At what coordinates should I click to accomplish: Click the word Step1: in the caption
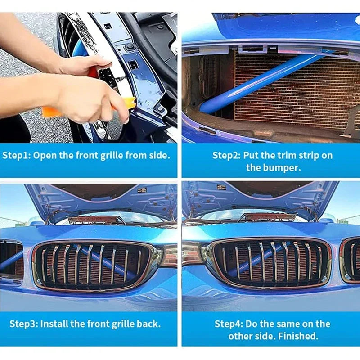(16, 156)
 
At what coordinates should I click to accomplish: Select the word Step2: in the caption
(227, 156)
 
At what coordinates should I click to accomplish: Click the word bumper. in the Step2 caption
(274, 168)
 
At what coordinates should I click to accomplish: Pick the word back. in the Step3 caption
(149, 324)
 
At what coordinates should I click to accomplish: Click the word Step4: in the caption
(229, 324)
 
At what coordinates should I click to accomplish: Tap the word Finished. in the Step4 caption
(298, 336)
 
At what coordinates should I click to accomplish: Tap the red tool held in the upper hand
(93, 72)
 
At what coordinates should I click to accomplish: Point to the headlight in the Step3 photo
(168, 255)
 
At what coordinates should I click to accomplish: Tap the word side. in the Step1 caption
(160, 156)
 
